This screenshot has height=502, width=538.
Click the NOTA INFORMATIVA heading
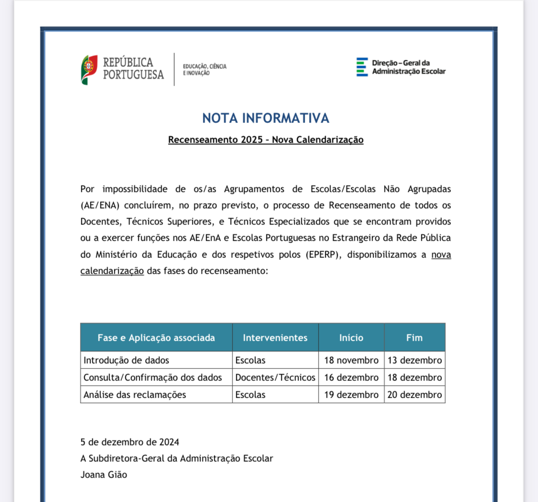pyautogui.click(x=266, y=118)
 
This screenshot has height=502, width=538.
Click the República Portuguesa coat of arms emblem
pyautogui.click(x=89, y=69)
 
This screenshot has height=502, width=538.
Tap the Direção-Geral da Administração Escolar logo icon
pyautogui.click(x=362, y=67)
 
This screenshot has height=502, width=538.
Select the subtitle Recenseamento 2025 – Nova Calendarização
pyautogui.click(x=266, y=140)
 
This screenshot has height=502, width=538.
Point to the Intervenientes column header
pyautogui.click(x=275, y=338)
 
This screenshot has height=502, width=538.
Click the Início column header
pyautogui.click(x=351, y=338)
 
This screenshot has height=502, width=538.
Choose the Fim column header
pyautogui.click(x=414, y=338)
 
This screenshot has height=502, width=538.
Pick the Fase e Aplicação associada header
pyautogui.click(x=156, y=338)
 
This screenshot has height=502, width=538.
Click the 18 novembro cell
pyautogui.click(x=351, y=360)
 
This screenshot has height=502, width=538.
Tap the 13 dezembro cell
pyautogui.click(x=414, y=360)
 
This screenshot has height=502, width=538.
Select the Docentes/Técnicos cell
pyautogui.click(x=275, y=377)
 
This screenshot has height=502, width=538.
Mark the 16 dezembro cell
pyautogui.click(x=351, y=377)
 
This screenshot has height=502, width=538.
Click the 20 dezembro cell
pyautogui.click(x=414, y=395)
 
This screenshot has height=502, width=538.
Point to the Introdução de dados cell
pyautogui.click(x=126, y=360)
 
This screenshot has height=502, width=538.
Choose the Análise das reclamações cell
pyautogui.click(x=134, y=395)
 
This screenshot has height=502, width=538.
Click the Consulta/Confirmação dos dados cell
pyautogui.click(x=153, y=377)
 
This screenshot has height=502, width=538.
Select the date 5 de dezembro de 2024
pyautogui.click(x=130, y=442)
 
